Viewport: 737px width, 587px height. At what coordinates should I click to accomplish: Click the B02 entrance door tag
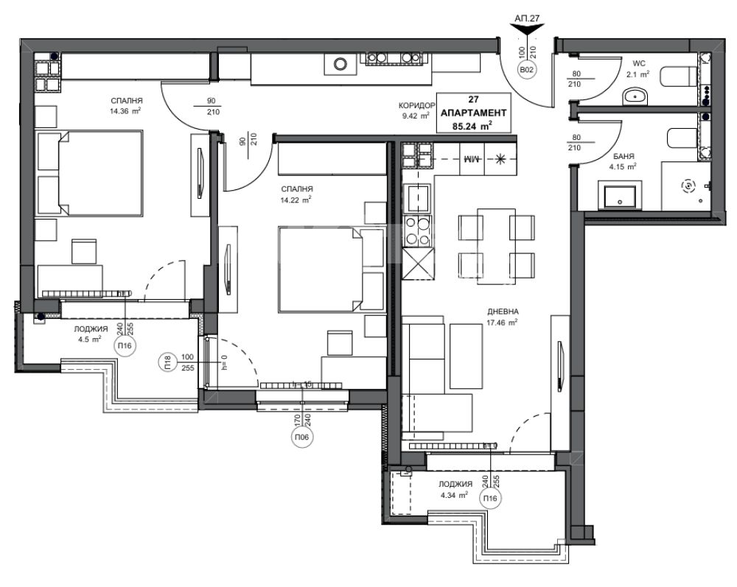click(x=526, y=71)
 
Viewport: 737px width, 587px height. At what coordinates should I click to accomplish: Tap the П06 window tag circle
click(x=302, y=438)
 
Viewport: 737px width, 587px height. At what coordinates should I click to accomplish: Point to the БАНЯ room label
click(x=624, y=156)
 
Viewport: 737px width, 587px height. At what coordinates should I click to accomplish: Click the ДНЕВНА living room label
click(x=503, y=312)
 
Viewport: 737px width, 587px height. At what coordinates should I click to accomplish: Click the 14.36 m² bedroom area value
click(x=125, y=110)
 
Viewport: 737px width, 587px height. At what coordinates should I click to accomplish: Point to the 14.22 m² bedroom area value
click(x=296, y=200)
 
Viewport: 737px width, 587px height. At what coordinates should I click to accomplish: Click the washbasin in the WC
click(x=635, y=96)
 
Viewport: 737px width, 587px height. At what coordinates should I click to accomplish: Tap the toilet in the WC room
click(x=678, y=76)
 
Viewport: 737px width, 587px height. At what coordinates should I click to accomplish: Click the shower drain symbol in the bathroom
click(x=688, y=186)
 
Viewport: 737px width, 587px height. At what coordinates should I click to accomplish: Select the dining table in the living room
click(x=496, y=246)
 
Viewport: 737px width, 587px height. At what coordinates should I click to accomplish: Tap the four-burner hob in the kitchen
click(x=417, y=231)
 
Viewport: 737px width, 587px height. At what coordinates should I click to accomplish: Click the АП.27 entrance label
click(x=527, y=18)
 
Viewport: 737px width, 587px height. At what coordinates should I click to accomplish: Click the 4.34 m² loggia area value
click(x=453, y=494)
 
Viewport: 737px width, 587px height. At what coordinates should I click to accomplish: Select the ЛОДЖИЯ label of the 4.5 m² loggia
click(x=91, y=329)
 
